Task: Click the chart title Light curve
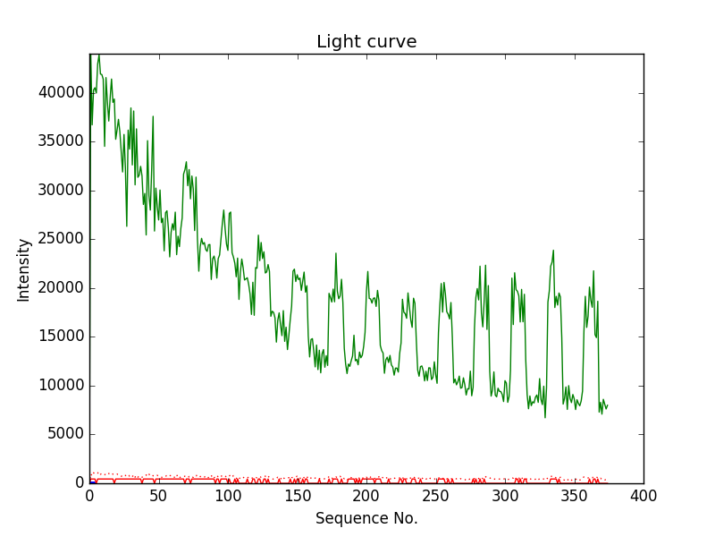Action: coord(366,42)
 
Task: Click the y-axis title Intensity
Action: coord(23,268)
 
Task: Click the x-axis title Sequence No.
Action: coord(366,518)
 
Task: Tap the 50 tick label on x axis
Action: coord(158,496)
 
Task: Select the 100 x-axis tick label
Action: coord(228,496)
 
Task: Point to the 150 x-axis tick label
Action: coord(297,496)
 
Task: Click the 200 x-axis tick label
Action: coord(366,496)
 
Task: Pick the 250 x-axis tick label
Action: coord(435,496)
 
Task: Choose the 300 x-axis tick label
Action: coord(505,496)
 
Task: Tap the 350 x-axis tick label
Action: coord(574,496)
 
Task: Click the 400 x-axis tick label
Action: coord(643,496)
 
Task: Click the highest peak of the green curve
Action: coord(98,55)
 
